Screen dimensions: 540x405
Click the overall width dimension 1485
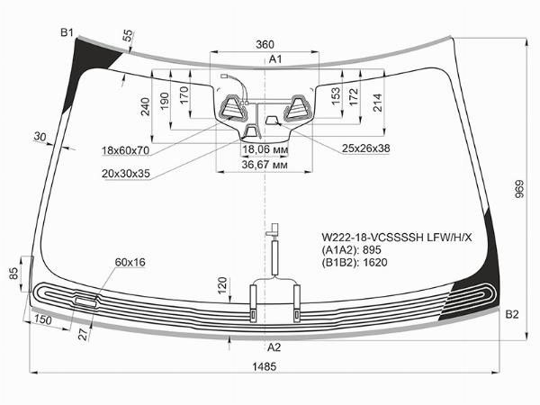tap(264, 366)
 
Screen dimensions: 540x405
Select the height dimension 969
tap(519, 189)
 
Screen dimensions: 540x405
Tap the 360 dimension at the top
tap(265, 44)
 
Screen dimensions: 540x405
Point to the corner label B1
tap(67, 32)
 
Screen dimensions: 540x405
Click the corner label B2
tap(512, 314)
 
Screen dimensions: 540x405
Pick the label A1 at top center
tap(275, 59)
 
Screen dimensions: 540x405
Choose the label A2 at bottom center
tap(274, 347)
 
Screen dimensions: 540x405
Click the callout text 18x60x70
tap(125, 150)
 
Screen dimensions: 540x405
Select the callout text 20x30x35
tap(126, 174)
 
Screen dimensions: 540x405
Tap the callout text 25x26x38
tap(365, 148)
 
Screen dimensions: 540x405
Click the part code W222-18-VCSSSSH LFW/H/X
tap(397, 238)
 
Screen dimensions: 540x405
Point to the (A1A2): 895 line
tap(351, 249)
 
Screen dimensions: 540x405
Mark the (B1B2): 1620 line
tap(355, 263)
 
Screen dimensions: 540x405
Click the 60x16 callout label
tap(130, 263)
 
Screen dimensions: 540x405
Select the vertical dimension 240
tap(146, 107)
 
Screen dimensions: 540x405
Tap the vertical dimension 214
tap(378, 103)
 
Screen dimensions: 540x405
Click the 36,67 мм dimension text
tap(265, 165)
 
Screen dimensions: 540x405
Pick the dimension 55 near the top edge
tap(128, 36)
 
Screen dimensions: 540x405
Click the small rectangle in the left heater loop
tap(85, 301)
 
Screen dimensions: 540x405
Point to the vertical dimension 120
tap(222, 285)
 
